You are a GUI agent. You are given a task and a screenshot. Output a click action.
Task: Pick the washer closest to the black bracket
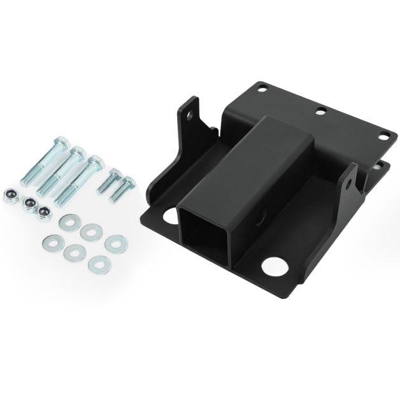pyautogui.click(x=113, y=241)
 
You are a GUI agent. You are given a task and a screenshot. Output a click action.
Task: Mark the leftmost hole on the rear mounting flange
pyautogui.click(x=262, y=89)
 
